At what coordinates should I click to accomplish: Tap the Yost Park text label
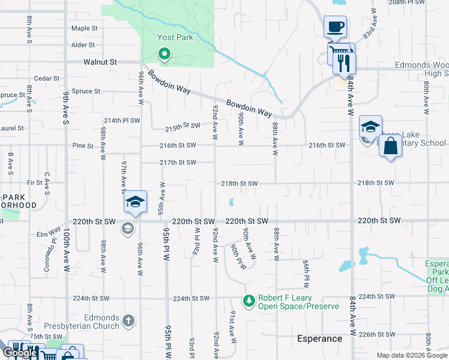174,37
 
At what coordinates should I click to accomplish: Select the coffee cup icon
335,27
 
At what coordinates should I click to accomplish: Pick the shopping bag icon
390,146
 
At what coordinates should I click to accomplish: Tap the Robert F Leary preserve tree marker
249,299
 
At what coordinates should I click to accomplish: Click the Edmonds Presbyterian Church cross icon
127,321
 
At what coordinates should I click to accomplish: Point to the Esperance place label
319,338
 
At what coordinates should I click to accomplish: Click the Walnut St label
100,62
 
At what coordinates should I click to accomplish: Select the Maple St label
84,28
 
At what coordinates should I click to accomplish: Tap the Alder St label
83,45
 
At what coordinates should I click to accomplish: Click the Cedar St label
47,78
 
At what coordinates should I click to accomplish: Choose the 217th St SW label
178,163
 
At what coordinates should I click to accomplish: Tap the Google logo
20,353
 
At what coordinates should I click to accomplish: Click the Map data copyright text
412,355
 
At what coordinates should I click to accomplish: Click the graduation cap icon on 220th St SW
136,202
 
